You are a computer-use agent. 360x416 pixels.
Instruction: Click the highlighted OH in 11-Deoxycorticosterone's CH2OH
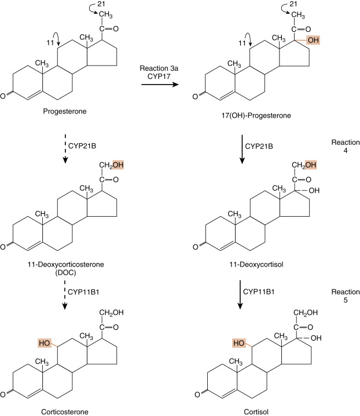coord(119,166)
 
